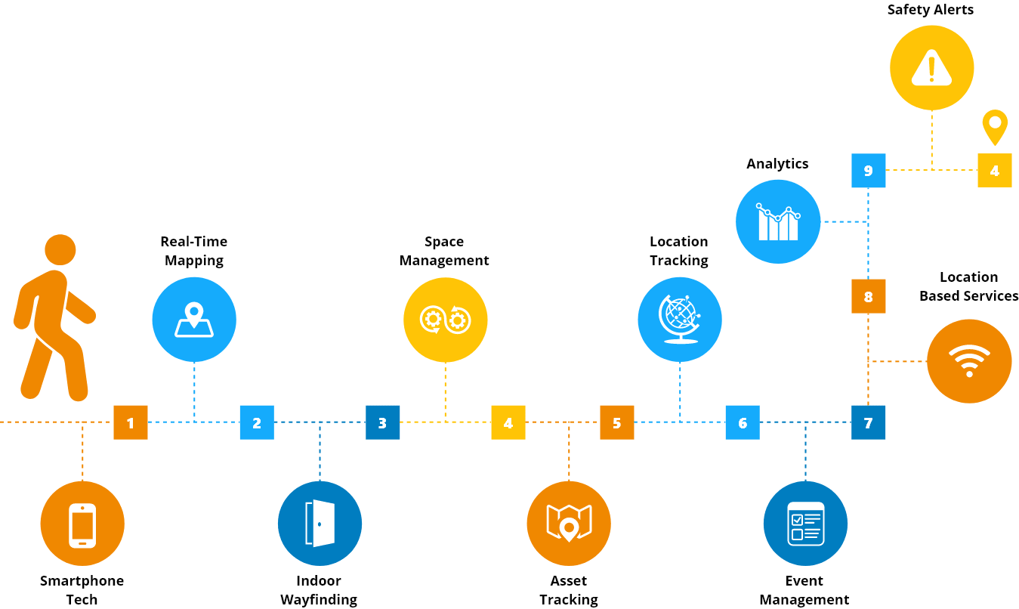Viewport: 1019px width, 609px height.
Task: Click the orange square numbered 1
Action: pos(131,422)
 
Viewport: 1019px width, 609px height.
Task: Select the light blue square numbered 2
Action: pos(257,422)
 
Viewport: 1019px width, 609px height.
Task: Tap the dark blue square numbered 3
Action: pos(382,422)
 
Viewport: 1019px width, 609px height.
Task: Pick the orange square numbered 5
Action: pos(617,422)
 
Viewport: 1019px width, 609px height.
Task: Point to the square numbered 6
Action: pos(743,422)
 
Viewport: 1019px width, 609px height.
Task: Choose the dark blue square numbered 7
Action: pos(868,422)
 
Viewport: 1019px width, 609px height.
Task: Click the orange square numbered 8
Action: pos(868,297)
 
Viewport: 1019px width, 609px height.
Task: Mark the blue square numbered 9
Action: pos(868,171)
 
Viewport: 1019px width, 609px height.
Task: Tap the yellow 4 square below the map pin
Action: pos(994,171)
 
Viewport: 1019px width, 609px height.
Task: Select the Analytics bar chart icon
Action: pos(778,222)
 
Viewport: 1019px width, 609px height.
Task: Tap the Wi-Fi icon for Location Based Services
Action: pos(969,361)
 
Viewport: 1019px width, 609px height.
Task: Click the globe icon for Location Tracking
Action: pos(679,319)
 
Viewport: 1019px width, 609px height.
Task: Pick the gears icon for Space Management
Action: pos(445,320)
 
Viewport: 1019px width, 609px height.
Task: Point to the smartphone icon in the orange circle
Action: pos(82,524)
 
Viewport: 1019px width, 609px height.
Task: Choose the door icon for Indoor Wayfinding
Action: pos(320,524)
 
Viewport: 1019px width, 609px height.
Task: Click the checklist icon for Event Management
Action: pos(804,523)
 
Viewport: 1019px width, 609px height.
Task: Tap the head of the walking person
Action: pos(60,249)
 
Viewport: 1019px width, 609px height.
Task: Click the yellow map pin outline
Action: pos(994,127)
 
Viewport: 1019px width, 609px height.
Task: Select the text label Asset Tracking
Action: pos(569,590)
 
